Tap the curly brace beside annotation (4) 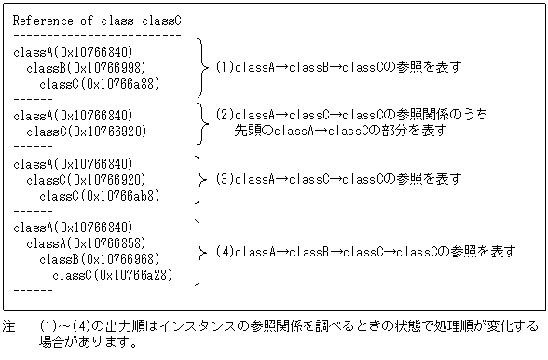(201, 251)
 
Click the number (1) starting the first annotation (224, 68)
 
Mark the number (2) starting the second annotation (224, 115)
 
